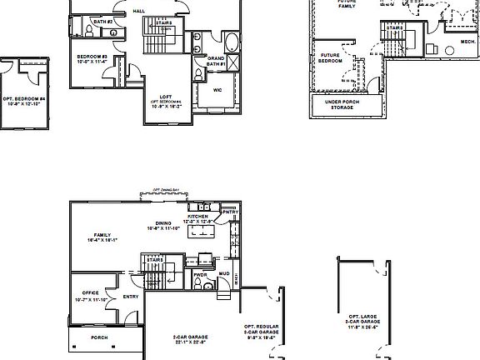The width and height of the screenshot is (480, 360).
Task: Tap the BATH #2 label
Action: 102,32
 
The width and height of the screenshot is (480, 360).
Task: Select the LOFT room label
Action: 165,98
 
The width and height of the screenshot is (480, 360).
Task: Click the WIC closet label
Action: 217,90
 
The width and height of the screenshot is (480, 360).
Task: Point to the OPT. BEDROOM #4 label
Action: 24,102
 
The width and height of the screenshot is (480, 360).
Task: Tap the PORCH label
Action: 100,337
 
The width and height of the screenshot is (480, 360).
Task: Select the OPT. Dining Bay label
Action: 168,190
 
